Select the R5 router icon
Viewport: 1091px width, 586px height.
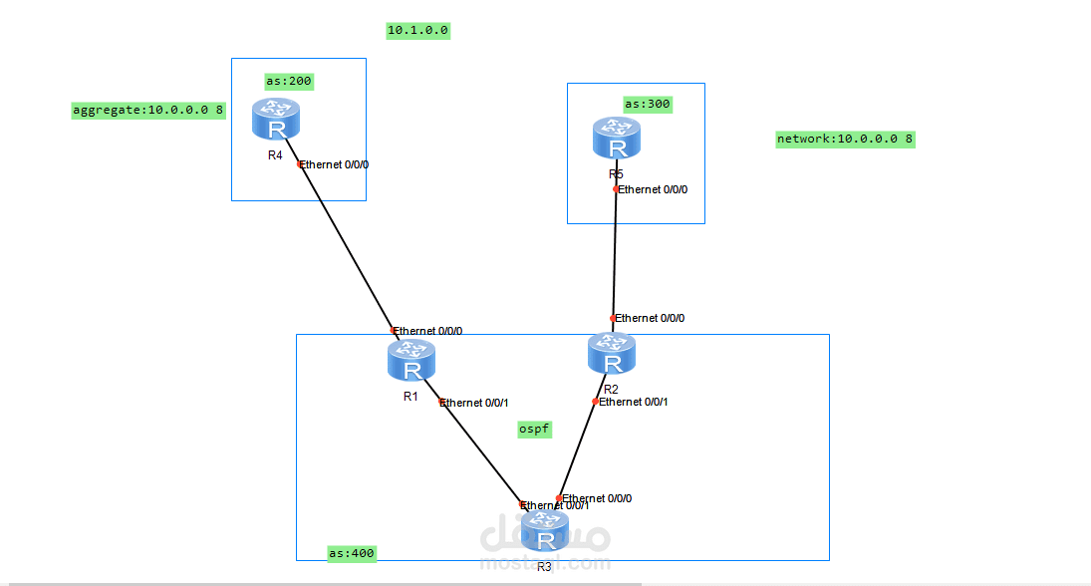point(617,139)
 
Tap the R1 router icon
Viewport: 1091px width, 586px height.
point(411,361)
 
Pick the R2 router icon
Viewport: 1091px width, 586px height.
point(611,354)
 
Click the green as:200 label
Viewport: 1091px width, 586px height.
point(288,81)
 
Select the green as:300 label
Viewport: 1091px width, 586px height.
point(648,104)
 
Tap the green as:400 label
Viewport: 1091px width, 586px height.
point(352,553)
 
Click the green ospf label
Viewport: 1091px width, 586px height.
point(534,429)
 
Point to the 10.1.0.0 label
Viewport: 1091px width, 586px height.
point(418,31)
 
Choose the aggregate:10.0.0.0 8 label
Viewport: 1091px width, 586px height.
point(147,111)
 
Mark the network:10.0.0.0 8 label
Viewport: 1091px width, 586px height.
point(845,140)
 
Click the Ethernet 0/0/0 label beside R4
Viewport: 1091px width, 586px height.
point(335,165)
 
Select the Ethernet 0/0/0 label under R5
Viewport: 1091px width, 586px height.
point(653,189)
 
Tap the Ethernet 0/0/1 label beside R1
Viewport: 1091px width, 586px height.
point(474,403)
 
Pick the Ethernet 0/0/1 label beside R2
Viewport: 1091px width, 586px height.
point(633,402)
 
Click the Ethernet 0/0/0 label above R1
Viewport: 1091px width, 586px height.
point(428,331)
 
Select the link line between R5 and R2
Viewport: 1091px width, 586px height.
point(615,254)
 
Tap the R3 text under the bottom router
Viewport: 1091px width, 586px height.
point(544,567)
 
